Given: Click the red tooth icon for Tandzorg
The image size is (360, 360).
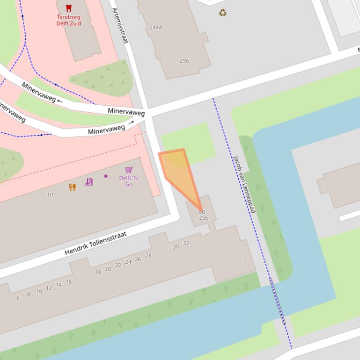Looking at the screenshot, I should point(69,8).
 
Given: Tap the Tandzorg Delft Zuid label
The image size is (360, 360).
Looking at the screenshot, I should point(69,20).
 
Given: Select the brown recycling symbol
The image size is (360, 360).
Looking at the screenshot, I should point(222,13).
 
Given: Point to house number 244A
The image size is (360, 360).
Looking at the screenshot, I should point(156,28).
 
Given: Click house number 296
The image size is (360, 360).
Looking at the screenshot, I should point(184,61).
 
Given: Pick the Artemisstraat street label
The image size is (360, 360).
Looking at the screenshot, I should point(120,26).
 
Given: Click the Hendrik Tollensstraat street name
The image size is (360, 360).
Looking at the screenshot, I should point(96,244).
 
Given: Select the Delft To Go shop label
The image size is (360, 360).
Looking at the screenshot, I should point(129,181).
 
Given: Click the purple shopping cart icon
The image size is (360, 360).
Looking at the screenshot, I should point(129,170).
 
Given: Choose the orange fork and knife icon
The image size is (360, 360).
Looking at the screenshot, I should point(73,187).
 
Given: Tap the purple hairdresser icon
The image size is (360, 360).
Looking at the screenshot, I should point(88,182).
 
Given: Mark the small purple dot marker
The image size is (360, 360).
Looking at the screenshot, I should point(106,176).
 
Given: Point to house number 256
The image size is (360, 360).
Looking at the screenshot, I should point(203,218).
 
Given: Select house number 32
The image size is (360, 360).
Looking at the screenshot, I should point(186,244).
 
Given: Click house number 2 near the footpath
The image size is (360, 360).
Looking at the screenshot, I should point(245,260).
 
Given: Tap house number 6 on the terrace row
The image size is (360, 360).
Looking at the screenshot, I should point(18,298).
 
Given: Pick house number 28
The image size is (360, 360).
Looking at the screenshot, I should point(148,256).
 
